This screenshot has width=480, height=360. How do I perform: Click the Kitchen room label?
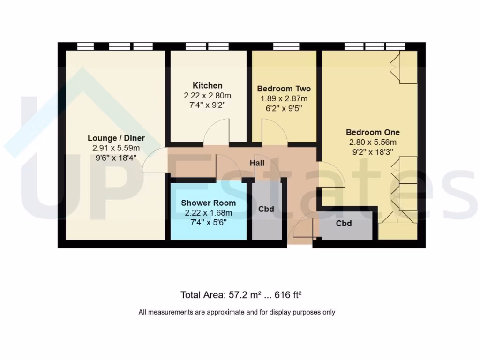pyautogui.click(x=208, y=86)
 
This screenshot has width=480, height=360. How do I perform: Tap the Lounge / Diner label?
pyautogui.click(x=116, y=138)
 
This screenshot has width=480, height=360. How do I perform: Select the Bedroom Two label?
pyautogui.click(x=284, y=89)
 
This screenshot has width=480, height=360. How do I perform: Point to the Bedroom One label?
pyautogui.click(x=373, y=133)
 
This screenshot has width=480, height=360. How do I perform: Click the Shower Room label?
pyautogui.click(x=208, y=203)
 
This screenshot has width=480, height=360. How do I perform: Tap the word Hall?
pyautogui.click(x=256, y=164)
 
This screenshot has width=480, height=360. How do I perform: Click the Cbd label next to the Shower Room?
pyautogui.click(x=266, y=209)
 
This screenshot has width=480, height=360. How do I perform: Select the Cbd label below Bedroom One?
pyautogui.click(x=344, y=224)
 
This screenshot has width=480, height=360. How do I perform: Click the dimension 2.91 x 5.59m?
pyautogui.click(x=116, y=148)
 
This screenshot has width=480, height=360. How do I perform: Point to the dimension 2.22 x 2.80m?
pyautogui.click(x=208, y=96)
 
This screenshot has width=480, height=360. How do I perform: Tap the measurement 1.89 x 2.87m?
pyautogui.click(x=284, y=98)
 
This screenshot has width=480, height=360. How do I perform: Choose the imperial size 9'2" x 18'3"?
pyautogui.click(x=373, y=152)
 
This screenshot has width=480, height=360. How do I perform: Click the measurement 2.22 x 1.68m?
pyautogui.click(x=208, y=213)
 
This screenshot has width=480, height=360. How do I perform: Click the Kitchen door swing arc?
pyautogui.click(x=217, y=130)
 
